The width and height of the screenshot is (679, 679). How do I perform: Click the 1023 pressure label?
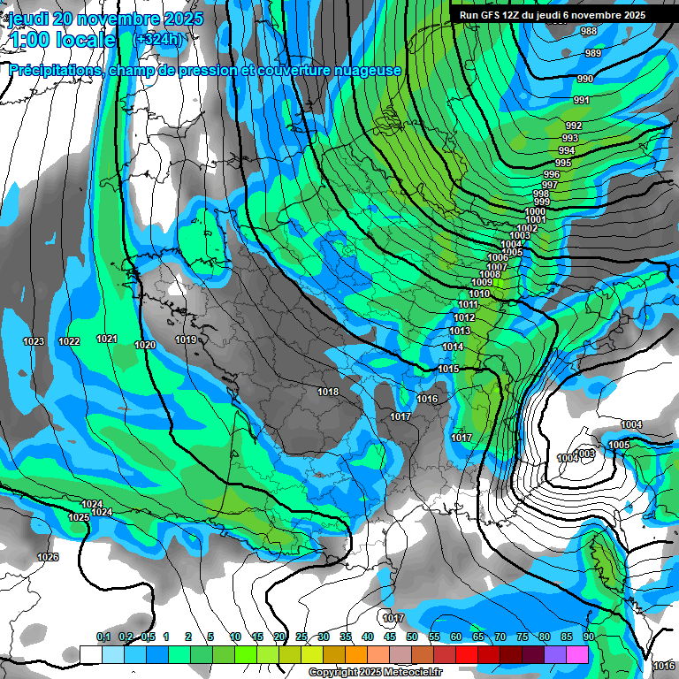tap(34, 341)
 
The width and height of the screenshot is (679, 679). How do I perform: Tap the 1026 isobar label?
tap(48, 557)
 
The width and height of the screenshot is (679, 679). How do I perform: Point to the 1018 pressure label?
tap(328, 391)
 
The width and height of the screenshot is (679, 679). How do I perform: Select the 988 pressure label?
tap(589, 32)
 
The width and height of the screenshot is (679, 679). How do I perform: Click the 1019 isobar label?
tap(185, 339)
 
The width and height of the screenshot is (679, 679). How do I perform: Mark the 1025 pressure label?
tap(78, 517)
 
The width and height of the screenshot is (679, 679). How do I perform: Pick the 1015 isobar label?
tap(448, 369)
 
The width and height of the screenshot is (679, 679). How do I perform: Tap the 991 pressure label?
tap(581, 100)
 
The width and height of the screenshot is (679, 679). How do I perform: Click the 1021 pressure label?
tap(107, 339)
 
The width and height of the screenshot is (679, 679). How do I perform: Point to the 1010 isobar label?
tap(479, 294)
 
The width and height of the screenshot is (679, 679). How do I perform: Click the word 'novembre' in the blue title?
tap(111, 19)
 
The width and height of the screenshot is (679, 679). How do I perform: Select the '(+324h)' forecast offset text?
tap(157, 39)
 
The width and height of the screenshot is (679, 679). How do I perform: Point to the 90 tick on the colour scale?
tap(588, 637)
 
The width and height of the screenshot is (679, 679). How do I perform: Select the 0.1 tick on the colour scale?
tap(103, 637)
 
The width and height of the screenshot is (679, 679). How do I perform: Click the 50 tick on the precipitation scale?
tap(412, 637)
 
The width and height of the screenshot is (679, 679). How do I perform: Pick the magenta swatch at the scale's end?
tap(577, 653)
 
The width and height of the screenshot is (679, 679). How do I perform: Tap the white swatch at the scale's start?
tap(90, 653)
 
